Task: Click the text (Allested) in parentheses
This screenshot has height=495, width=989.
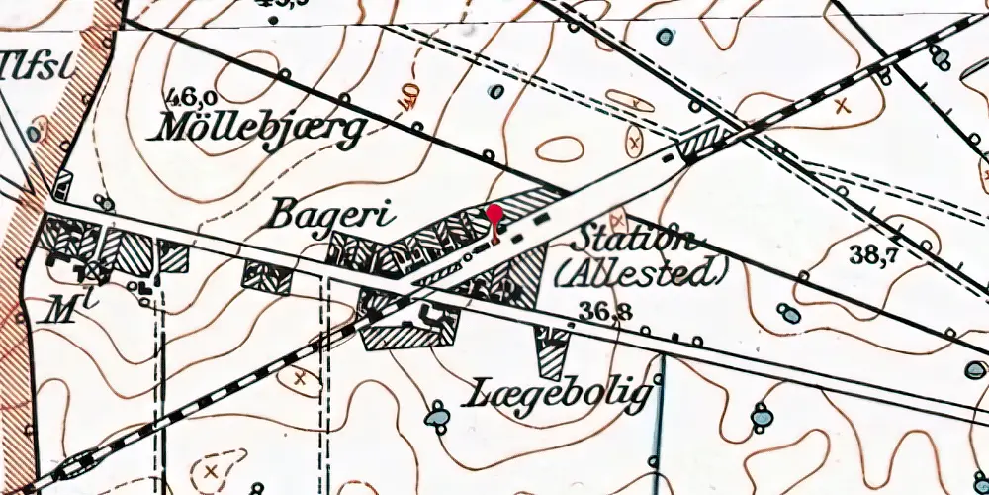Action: (642, 270)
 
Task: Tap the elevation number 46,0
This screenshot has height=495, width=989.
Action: (192, 98)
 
